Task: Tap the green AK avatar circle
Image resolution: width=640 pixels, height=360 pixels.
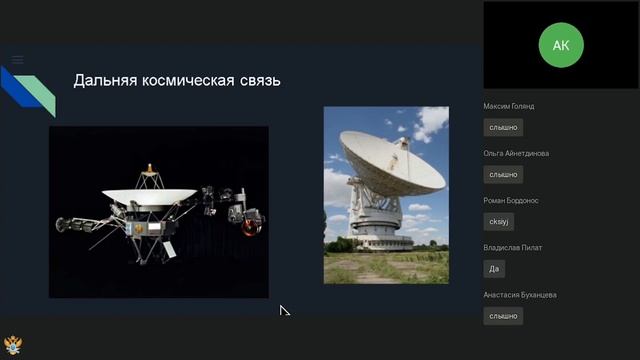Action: [x=560, y=45]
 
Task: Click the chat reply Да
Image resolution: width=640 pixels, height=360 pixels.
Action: [x=493, y=268]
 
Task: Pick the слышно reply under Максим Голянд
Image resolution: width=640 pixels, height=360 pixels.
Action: [x=503, y=127]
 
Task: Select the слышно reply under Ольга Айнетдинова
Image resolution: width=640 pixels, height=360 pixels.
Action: [x=503, y=174]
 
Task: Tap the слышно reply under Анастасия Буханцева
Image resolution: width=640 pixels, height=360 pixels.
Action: [x=503, y=315]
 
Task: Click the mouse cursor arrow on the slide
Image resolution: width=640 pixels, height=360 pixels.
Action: [x=284, y=311]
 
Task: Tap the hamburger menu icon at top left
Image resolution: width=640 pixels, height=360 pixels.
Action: [x=17, y=60]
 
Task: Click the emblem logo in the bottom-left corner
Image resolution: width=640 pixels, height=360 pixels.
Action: [x=13, y=345]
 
